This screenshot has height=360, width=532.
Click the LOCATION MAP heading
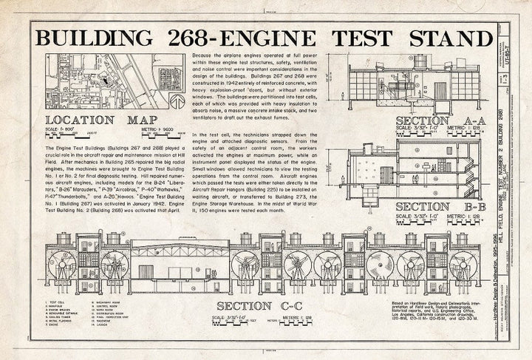[99, 120]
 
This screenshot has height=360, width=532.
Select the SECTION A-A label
[439, 121]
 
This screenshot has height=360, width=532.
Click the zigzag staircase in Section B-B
[404, 170]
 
